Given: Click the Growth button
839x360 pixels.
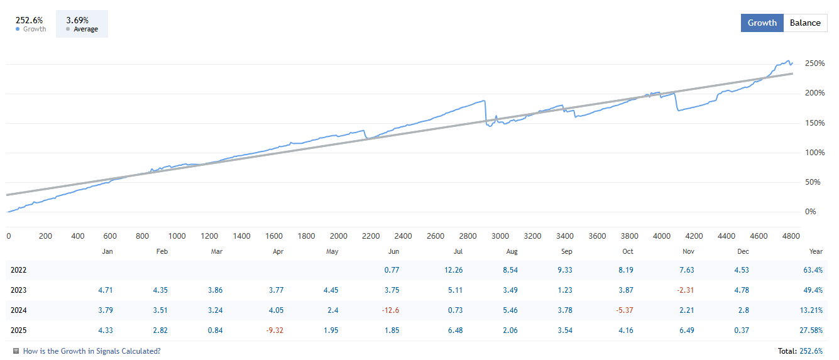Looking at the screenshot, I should [x=762, y=23].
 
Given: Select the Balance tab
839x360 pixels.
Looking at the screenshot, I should [x=805, y=23].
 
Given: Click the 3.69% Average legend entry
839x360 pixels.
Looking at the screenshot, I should [x=82, y=25].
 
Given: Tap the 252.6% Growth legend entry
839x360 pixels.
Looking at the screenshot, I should [x=30, y=25].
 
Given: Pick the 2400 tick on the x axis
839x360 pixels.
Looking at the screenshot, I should [x=403, y=236].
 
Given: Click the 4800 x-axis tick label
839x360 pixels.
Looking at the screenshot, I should [x=791, y=236].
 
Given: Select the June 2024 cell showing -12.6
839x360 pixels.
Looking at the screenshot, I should [x=390, y=310].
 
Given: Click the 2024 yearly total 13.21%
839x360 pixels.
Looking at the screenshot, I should [x=811, y=310].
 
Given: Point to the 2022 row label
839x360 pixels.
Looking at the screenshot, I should [x=19, y=270].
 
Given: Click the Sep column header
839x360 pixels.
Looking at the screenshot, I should [x=566, y=251].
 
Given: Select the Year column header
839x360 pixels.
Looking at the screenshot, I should [x=816, y=251].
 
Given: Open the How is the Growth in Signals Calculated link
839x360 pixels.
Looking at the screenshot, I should [x=91, y=351].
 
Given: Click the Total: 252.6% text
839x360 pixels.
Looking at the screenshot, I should [x=800, y=351].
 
